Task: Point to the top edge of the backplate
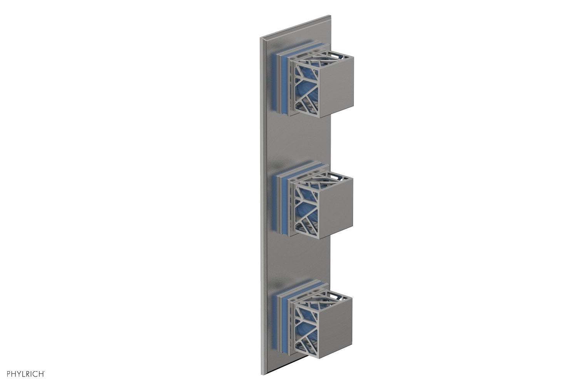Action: (x=296, y=27)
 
